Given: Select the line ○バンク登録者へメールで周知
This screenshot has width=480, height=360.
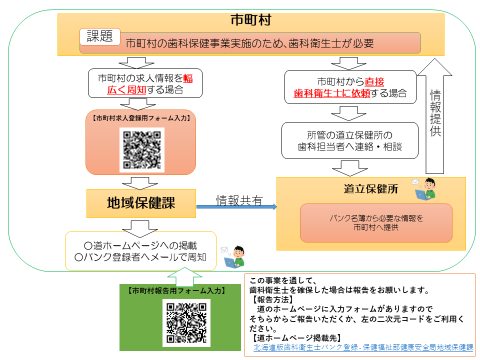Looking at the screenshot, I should [140, 257].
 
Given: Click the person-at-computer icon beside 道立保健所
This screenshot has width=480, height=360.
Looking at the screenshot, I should [427, 184].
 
